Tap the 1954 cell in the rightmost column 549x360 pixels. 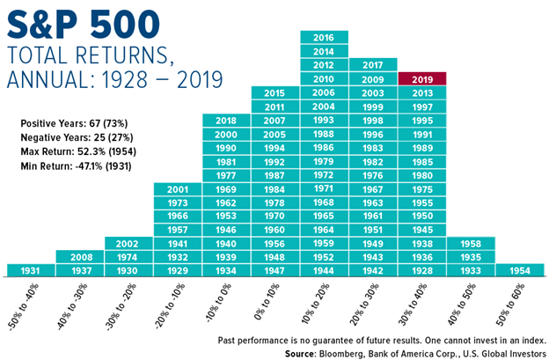(520, 269)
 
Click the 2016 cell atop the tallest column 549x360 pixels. (324, 37)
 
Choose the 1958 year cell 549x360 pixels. (471, 243)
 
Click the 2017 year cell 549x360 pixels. (373, 64)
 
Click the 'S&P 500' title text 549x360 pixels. (78, 21)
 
